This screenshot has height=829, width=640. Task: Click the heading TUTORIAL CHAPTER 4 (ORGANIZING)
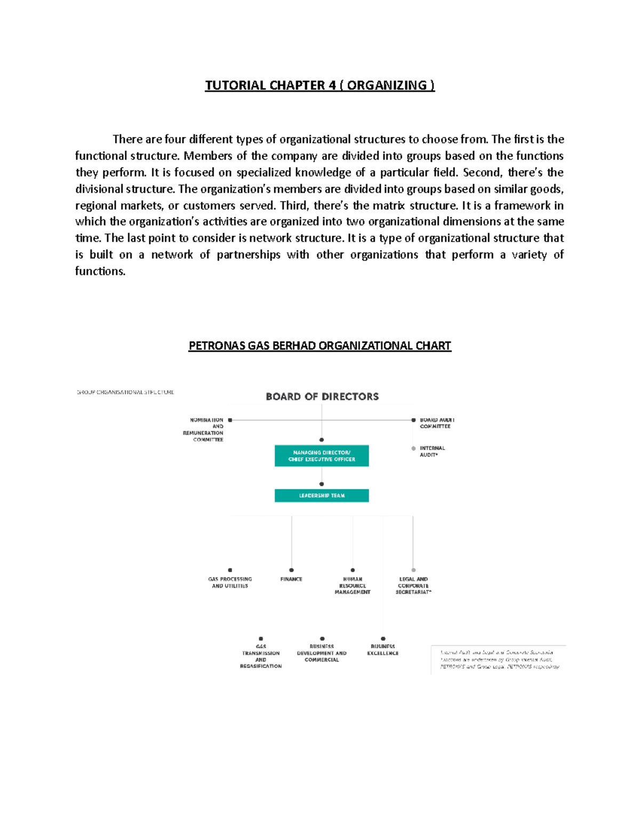[320, 85]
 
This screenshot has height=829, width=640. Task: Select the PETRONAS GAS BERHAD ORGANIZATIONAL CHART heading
[320, 346]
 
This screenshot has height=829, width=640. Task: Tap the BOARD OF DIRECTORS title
[322, 397]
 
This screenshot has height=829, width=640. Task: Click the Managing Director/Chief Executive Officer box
[322, 456]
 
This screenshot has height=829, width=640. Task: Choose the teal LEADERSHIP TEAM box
[322, 495]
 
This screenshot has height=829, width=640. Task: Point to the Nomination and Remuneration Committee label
[203, 430]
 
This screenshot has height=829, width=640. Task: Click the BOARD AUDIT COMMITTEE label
[436, 423]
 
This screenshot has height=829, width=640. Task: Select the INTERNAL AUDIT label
[432, 452]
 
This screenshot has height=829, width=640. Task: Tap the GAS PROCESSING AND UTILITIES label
[230, 582]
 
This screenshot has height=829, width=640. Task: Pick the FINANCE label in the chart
[291, 579]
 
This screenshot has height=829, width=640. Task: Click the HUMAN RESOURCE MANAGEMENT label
[353, 586]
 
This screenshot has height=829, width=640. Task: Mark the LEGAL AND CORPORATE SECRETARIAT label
[413, 586]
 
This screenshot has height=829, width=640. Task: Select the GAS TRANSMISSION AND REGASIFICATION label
[261, 657]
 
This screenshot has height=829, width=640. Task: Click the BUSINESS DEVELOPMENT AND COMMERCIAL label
[322, 653]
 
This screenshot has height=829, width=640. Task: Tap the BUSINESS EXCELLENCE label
[383, 650]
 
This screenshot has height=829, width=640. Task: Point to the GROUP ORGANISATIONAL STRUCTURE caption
[125, 392]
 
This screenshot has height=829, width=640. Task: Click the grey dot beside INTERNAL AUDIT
[413, 448]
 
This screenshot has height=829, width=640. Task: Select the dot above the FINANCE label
[291, 570]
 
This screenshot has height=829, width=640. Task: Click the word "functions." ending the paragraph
[100, 271]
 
